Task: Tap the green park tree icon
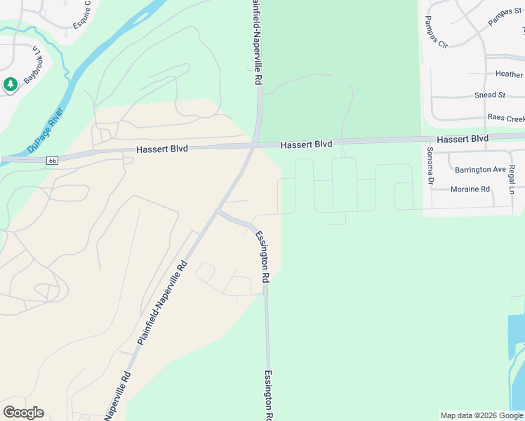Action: coord(10,85)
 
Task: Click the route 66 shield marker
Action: coord(53,161)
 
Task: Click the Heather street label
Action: coord(509,74)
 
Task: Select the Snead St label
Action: coord(490,95)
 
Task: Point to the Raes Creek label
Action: coord(505,119)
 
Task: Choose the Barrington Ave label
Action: coord(480,170)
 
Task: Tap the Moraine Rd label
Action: coord(470,189)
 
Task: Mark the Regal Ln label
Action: coord(512,179)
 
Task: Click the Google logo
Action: coord(23,413)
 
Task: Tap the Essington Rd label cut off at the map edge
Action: coord(268,396)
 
